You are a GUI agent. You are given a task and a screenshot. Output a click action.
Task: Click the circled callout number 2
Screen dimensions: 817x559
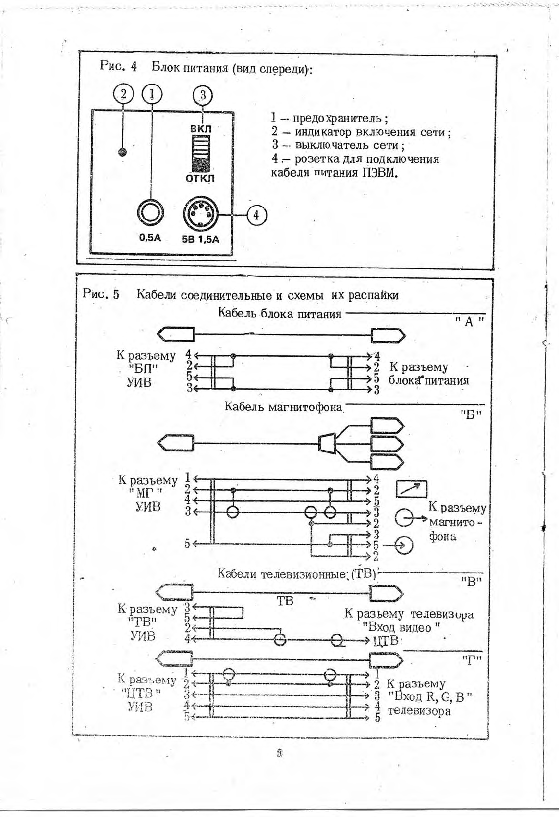coord(123,94)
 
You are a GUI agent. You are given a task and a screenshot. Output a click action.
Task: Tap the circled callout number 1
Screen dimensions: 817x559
coord(152,94)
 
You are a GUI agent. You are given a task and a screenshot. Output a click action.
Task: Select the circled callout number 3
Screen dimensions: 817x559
coord(202,95)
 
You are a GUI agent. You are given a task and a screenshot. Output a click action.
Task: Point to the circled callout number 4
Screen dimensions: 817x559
coord(256,215)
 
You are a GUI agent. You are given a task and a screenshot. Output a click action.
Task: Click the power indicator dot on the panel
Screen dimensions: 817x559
coord(123,152)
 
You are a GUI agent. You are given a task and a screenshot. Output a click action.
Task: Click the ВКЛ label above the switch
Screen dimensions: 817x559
coord(201,129)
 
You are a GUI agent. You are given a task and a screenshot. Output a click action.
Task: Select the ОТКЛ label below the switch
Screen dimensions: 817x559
coord(200,178)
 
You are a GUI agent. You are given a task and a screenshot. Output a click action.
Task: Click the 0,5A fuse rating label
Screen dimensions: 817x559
coord(150,238)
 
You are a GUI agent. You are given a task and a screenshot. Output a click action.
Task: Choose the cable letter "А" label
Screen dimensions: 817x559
coord(469,322)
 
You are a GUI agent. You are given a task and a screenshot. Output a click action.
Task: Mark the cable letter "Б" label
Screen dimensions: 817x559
coord(470,414)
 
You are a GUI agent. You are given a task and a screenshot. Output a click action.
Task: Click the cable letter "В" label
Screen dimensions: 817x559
coord(470,581)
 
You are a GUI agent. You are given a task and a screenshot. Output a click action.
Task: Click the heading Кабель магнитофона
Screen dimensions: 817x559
coord(283,407)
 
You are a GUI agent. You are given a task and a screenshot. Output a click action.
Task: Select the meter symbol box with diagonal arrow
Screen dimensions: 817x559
coord(411,489)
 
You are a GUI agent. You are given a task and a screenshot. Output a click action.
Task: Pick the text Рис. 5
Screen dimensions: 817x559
coord(102,294)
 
